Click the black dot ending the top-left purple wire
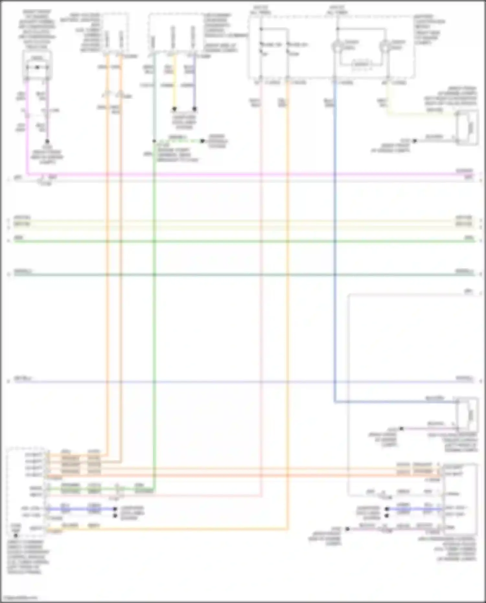point(47,142)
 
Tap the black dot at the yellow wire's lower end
point(174,109)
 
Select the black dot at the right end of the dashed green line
point(202,141)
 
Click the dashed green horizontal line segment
point(178,141)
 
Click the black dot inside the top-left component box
point(37,67)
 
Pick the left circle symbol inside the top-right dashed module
point(337,46)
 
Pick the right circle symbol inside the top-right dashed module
point(385,46)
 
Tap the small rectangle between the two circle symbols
point(361,64)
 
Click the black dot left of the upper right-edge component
point(414,141)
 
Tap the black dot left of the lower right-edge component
point(401,428)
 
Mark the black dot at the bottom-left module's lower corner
point(16,536)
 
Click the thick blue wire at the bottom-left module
point(81,509)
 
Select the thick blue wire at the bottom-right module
point(415,509)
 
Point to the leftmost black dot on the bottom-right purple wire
point(347,529)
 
